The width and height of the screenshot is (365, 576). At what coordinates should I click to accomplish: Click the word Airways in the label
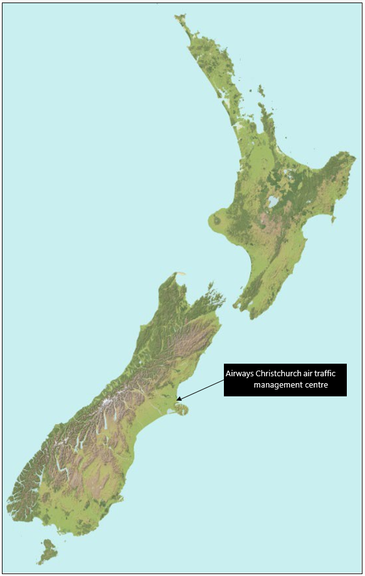click(x=240, y=374)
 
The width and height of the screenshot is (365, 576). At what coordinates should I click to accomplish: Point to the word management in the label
click(x=279, y=384)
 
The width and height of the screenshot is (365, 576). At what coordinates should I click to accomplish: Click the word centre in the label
click(x=320, y=384)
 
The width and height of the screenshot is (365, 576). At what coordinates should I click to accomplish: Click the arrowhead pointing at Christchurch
click(x=179, y=398)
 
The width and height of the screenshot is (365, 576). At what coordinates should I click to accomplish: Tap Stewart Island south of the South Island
click(x=46, y=551)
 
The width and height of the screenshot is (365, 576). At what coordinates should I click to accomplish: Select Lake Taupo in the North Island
click(x=273, y=202)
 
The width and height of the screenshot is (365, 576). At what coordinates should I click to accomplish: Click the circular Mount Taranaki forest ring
click(x=218, y=220)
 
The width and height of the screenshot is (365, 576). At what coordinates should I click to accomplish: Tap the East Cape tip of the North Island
click(x=354, y=155)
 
